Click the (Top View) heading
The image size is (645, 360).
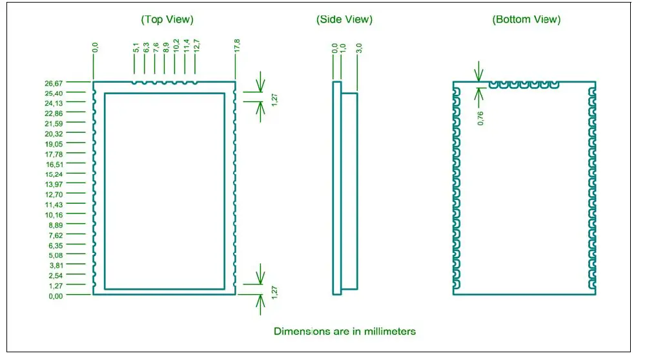(167, 19)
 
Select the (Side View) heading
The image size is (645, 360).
(344, 19)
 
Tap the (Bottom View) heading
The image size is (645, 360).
(526, 19)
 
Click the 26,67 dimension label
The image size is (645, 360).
(54, 83)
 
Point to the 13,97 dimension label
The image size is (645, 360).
(54, 185)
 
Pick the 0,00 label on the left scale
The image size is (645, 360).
(56, 295)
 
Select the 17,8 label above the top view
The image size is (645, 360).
(237, 46)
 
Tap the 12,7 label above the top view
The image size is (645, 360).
(196, 46)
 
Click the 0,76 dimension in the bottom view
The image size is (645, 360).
(480, 117)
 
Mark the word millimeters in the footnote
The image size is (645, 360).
(387, 332)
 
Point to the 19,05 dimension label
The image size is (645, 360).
(54, 144)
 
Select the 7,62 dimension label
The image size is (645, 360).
(56, 235)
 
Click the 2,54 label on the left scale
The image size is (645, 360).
(56, 275)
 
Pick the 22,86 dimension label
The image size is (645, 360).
(54, 114)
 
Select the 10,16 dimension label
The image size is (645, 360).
(54, 215)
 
